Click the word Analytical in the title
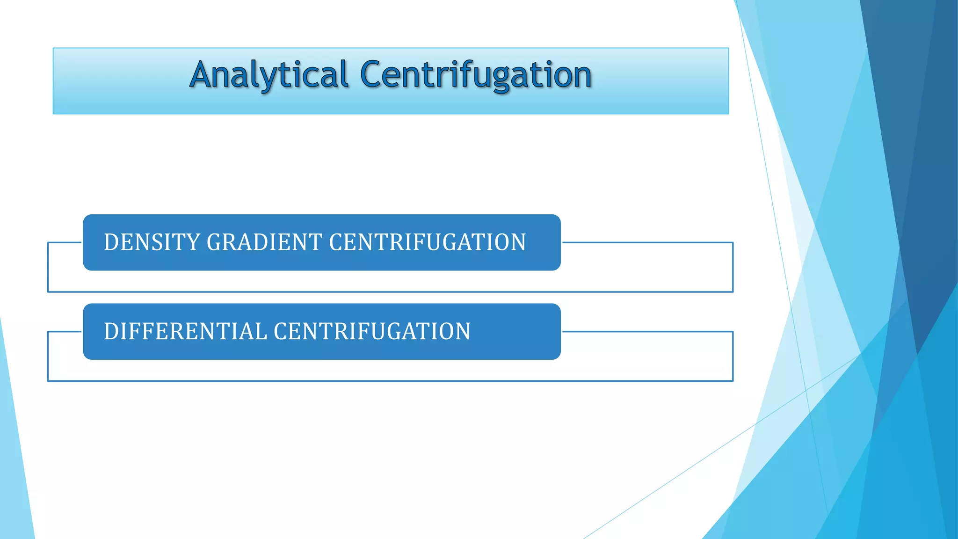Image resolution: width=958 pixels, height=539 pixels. click(x=269, y=75)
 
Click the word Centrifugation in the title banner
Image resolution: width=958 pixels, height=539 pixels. click(x=476, y=75)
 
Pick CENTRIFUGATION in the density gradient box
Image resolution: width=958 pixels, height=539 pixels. click(x=427, y=242)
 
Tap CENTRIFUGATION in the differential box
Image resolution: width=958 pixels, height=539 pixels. click(x=372, y=331)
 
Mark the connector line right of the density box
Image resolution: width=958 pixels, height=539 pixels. click(x=646, y=242)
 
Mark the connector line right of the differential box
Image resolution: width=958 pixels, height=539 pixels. click(x=646, y=331)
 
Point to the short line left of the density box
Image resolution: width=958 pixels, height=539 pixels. click(x=65, y=242)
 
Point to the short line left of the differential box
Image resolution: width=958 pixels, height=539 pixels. click(x=65, y=332)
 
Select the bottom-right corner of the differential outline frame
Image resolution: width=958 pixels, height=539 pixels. click(x=733, y=381)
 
